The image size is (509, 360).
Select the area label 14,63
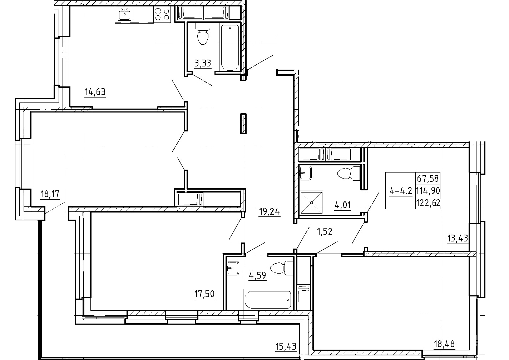click(95, 92)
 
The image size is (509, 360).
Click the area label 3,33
click(203, 63)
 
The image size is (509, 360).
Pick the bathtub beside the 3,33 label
click(230, 47)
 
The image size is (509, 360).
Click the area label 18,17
click(50, 194)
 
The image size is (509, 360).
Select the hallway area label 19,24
click(269, 211)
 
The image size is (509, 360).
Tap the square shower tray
click(312, 202)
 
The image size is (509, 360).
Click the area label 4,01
click(343, 205)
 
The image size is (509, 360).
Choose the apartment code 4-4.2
click(401, 191)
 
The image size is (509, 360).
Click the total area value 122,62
click(428, 202)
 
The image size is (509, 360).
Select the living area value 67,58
click(428, 179)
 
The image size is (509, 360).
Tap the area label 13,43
click(458, 238)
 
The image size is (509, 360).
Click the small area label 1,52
click(325, 231)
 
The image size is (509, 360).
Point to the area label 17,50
click(204, 294)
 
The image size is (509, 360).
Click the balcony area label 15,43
click(286, 346)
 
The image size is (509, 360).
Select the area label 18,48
click(444, 344)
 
